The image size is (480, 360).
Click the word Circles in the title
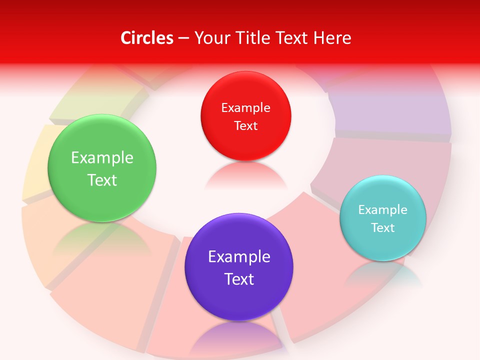(147, 38)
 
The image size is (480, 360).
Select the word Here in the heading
(332, 38)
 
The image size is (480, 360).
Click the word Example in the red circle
(245, 108)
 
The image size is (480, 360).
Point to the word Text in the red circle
(245, 126)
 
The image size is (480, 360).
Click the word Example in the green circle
(102, 158)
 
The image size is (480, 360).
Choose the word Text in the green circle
(102, 180)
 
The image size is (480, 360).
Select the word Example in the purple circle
(239, 257)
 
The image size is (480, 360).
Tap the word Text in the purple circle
(239, 279)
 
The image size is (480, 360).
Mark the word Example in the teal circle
(382, 210)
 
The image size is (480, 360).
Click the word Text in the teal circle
(382, 228)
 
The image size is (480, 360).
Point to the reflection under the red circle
(245, 175)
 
